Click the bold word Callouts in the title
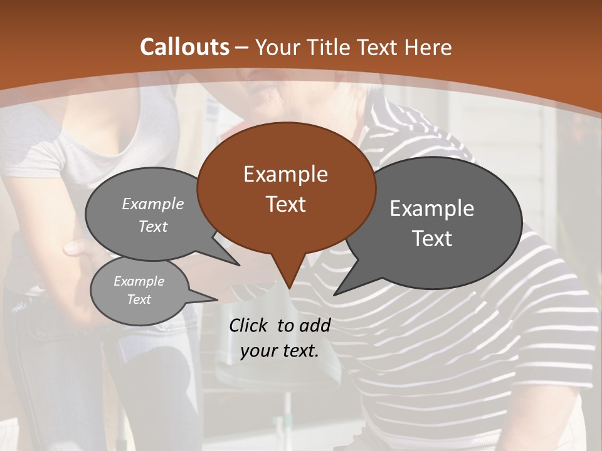click(184, 47)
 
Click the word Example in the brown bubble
click(285, 174)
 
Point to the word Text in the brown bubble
click(285, 204)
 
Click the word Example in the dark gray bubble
click(432, 209)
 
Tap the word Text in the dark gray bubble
click(432, 239)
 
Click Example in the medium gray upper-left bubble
click(153, 204)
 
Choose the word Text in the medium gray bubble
click(153, 226)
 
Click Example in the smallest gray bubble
click(139, 281)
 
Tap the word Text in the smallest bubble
click(139, 299)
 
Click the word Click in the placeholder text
click(250, 325)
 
